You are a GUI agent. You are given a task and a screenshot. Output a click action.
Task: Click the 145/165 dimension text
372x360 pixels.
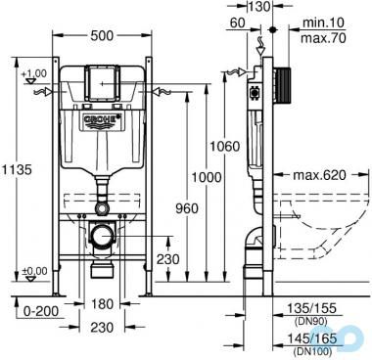[x=319, y=336]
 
